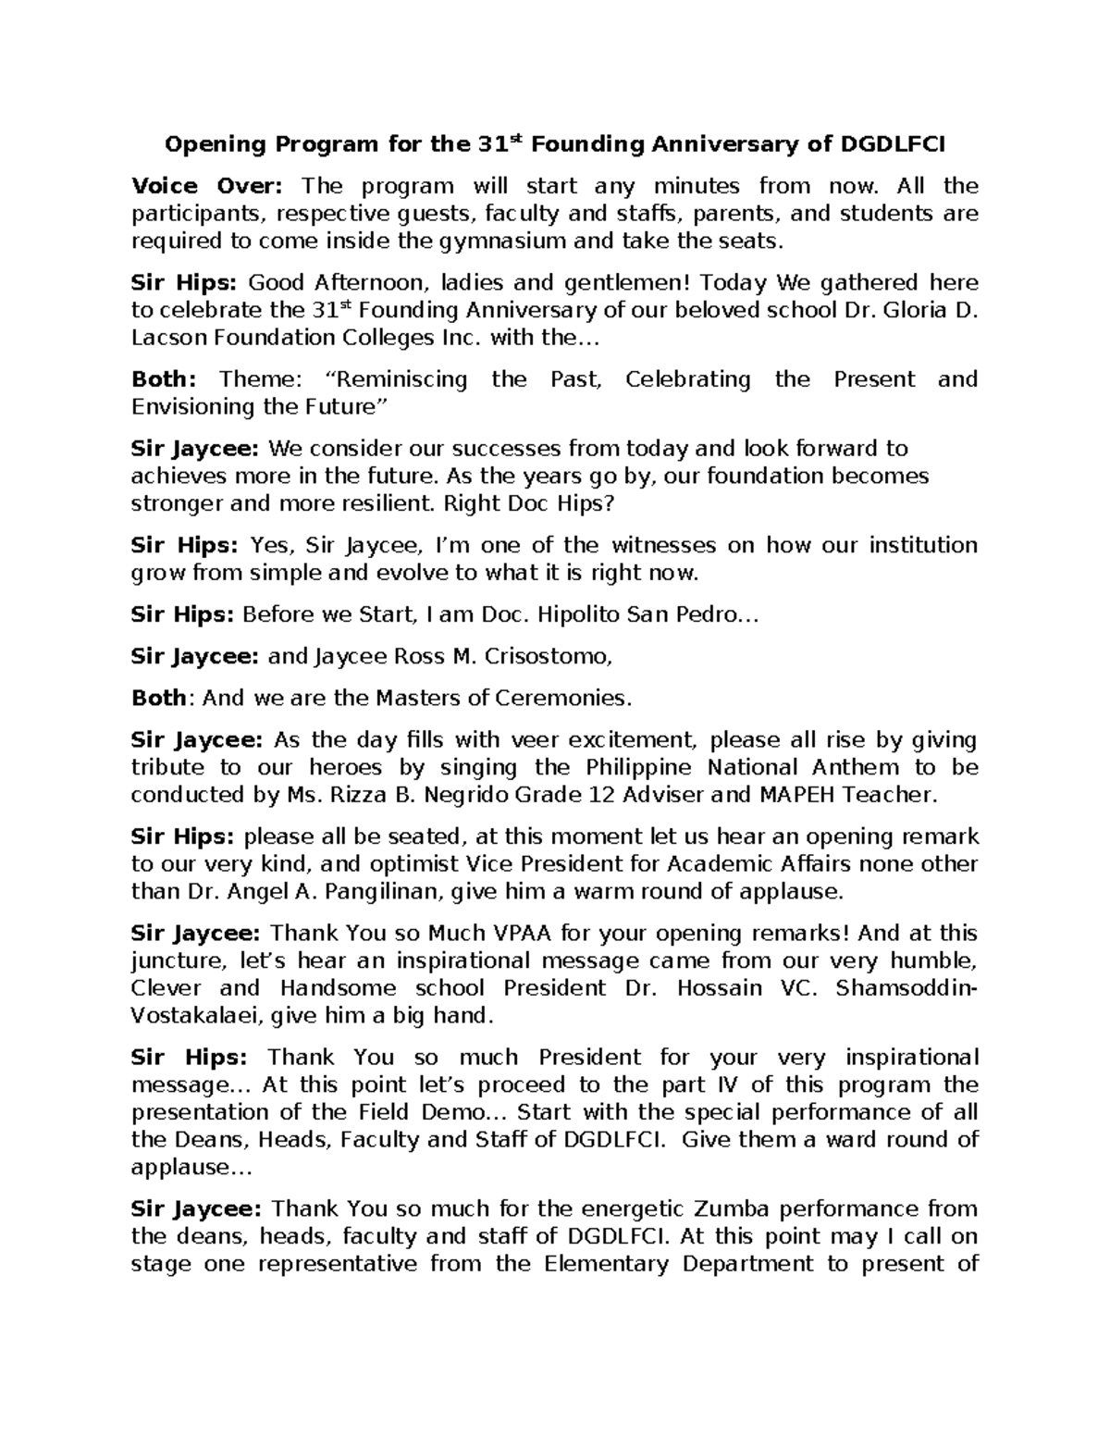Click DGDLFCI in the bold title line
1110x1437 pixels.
click(892, 144)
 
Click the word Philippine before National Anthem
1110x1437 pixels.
click(639, 767)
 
